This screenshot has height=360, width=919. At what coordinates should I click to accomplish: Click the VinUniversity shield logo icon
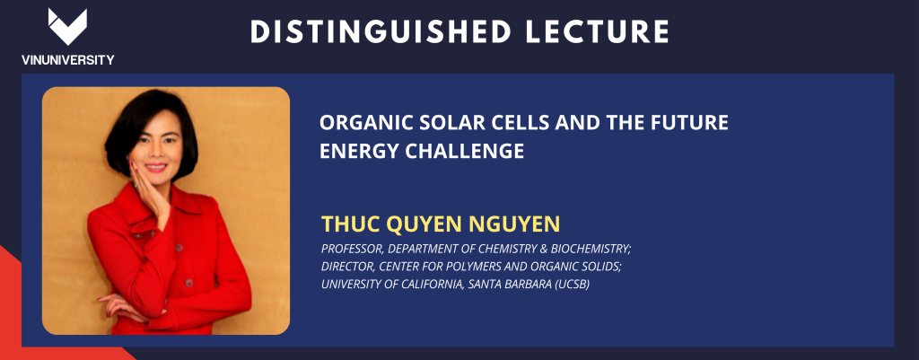(x=67, y=26)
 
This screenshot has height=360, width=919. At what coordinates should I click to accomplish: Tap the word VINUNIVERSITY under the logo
(x=68, y=60)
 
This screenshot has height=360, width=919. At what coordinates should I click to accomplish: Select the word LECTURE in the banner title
(x=597, y=31)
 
